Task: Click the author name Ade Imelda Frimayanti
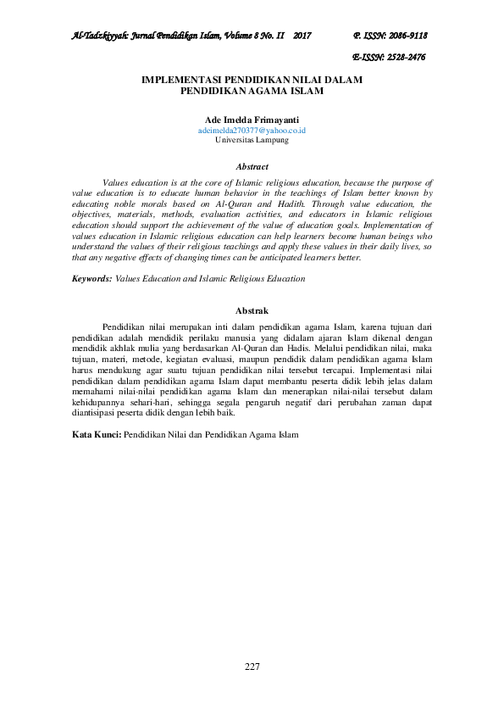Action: (x=252, y=121)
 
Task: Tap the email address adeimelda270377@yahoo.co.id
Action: (x=252, y=131)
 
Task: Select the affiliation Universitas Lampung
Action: (x=252, y=141)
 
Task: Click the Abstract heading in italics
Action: (x=252, y=167)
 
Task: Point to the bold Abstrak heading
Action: (x=252, y=311)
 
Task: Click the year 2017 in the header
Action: (x=302, y=36)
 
